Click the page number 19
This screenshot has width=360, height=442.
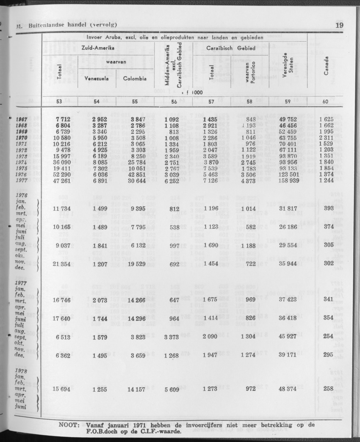point(338,25)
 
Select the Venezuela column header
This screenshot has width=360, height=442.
point(97,78)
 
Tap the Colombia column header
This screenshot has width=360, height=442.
point(135,78)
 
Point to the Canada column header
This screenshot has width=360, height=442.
point(326,66)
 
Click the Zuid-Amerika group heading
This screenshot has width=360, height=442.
point(98,48)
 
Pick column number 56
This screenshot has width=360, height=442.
point(173,102)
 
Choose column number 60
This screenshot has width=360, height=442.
point(325,102)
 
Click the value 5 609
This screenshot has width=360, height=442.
point(173,389)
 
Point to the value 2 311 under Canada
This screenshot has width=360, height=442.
point(326,137)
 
